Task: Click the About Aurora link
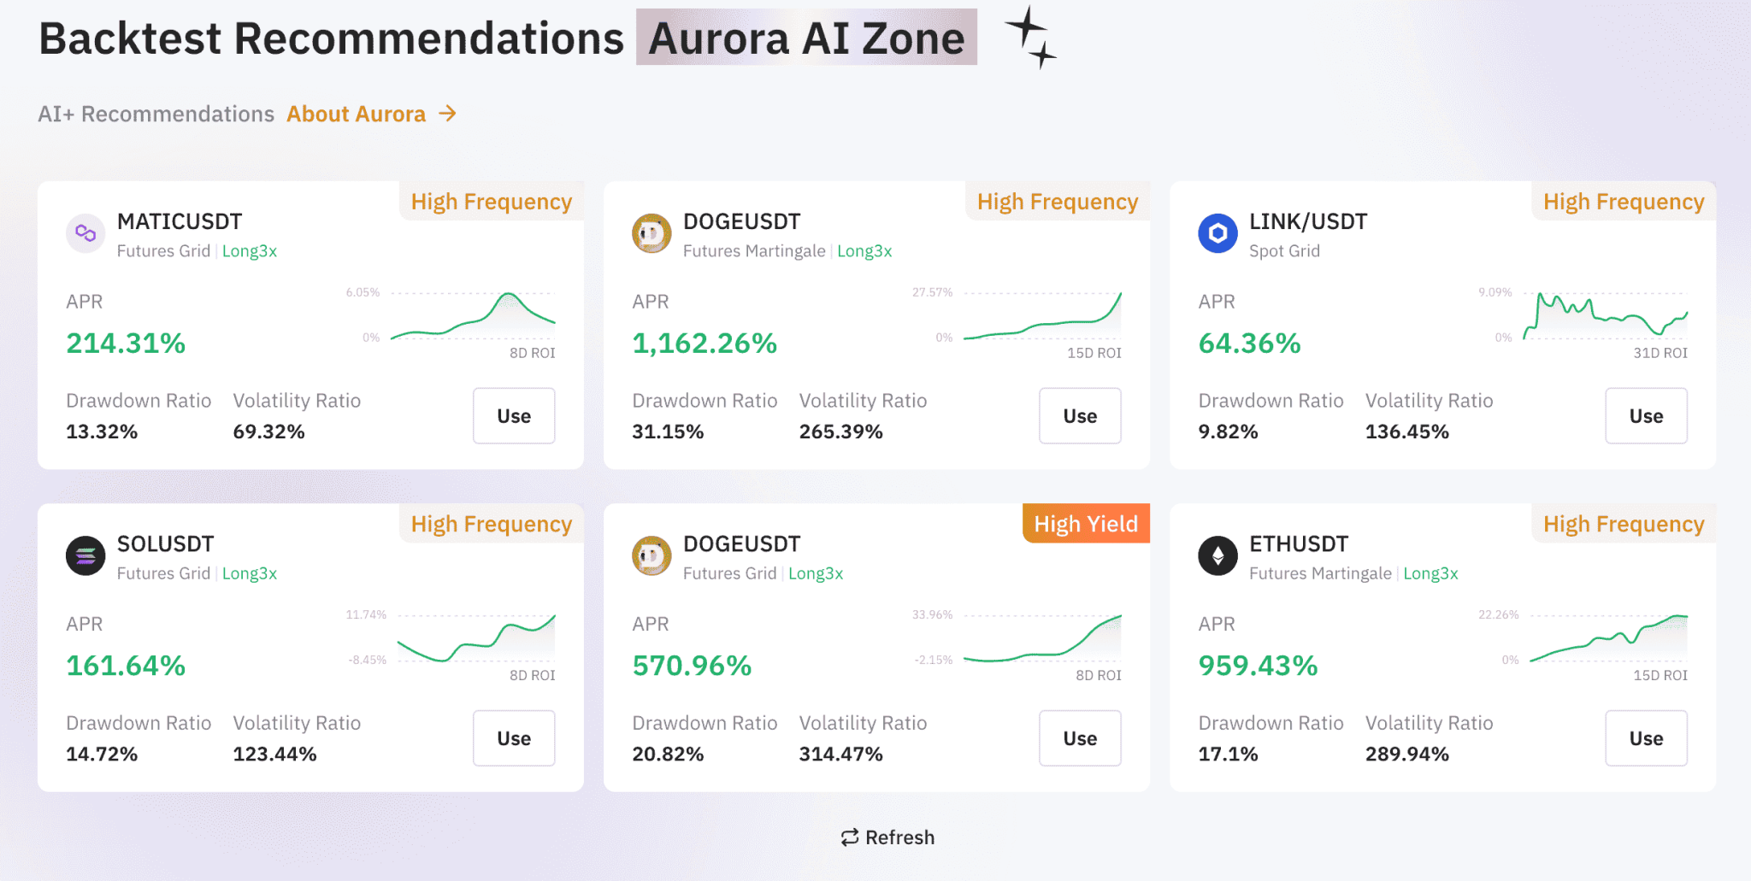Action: (371, 114)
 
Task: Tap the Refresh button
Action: (887, 837)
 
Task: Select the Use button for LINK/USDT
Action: (1645, 416)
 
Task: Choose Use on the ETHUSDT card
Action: (1645, 738)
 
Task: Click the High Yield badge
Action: (1085, 524)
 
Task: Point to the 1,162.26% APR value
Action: (704, 344)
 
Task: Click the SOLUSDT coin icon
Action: (85, 556)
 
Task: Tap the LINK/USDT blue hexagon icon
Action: (1217, 233)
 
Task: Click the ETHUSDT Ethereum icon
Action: (1217, 556)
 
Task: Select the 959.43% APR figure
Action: (1257, 666)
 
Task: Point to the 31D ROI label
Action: (1660, 353)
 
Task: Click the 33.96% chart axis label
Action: (931, 615)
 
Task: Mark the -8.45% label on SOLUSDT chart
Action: (367, 660)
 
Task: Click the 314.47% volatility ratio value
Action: (840, 754)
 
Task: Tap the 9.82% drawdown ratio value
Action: (1227, 432)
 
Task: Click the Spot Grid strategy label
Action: (1283, 251)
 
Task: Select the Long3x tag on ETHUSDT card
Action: (1430, 573)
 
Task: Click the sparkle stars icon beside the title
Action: (1031, 38)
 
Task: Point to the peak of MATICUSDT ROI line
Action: (509, 294)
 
